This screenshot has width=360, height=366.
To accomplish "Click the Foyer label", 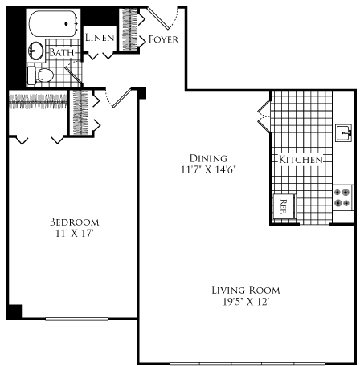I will pyautogui.click(x=164, y=39).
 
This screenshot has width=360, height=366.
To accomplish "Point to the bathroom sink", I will pyautogui.click(x=35, y=51).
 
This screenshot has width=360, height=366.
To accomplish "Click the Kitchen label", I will pyautogui.click(x=301, y=160).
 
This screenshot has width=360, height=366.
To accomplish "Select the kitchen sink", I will pyautogui.click(x=343, y=132).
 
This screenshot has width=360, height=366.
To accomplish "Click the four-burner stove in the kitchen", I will pyautogui.click(x=342, y=197).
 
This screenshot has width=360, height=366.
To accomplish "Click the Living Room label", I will pyautogui.click(x=246, y=290).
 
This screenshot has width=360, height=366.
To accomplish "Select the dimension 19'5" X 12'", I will pyautogui.click(x=246, y=303).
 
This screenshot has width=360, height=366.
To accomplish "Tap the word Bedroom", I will pyautogui.click(x=73, y=222).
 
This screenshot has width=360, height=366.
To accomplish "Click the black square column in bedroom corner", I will pyautogui.click(x=14, y=311).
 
